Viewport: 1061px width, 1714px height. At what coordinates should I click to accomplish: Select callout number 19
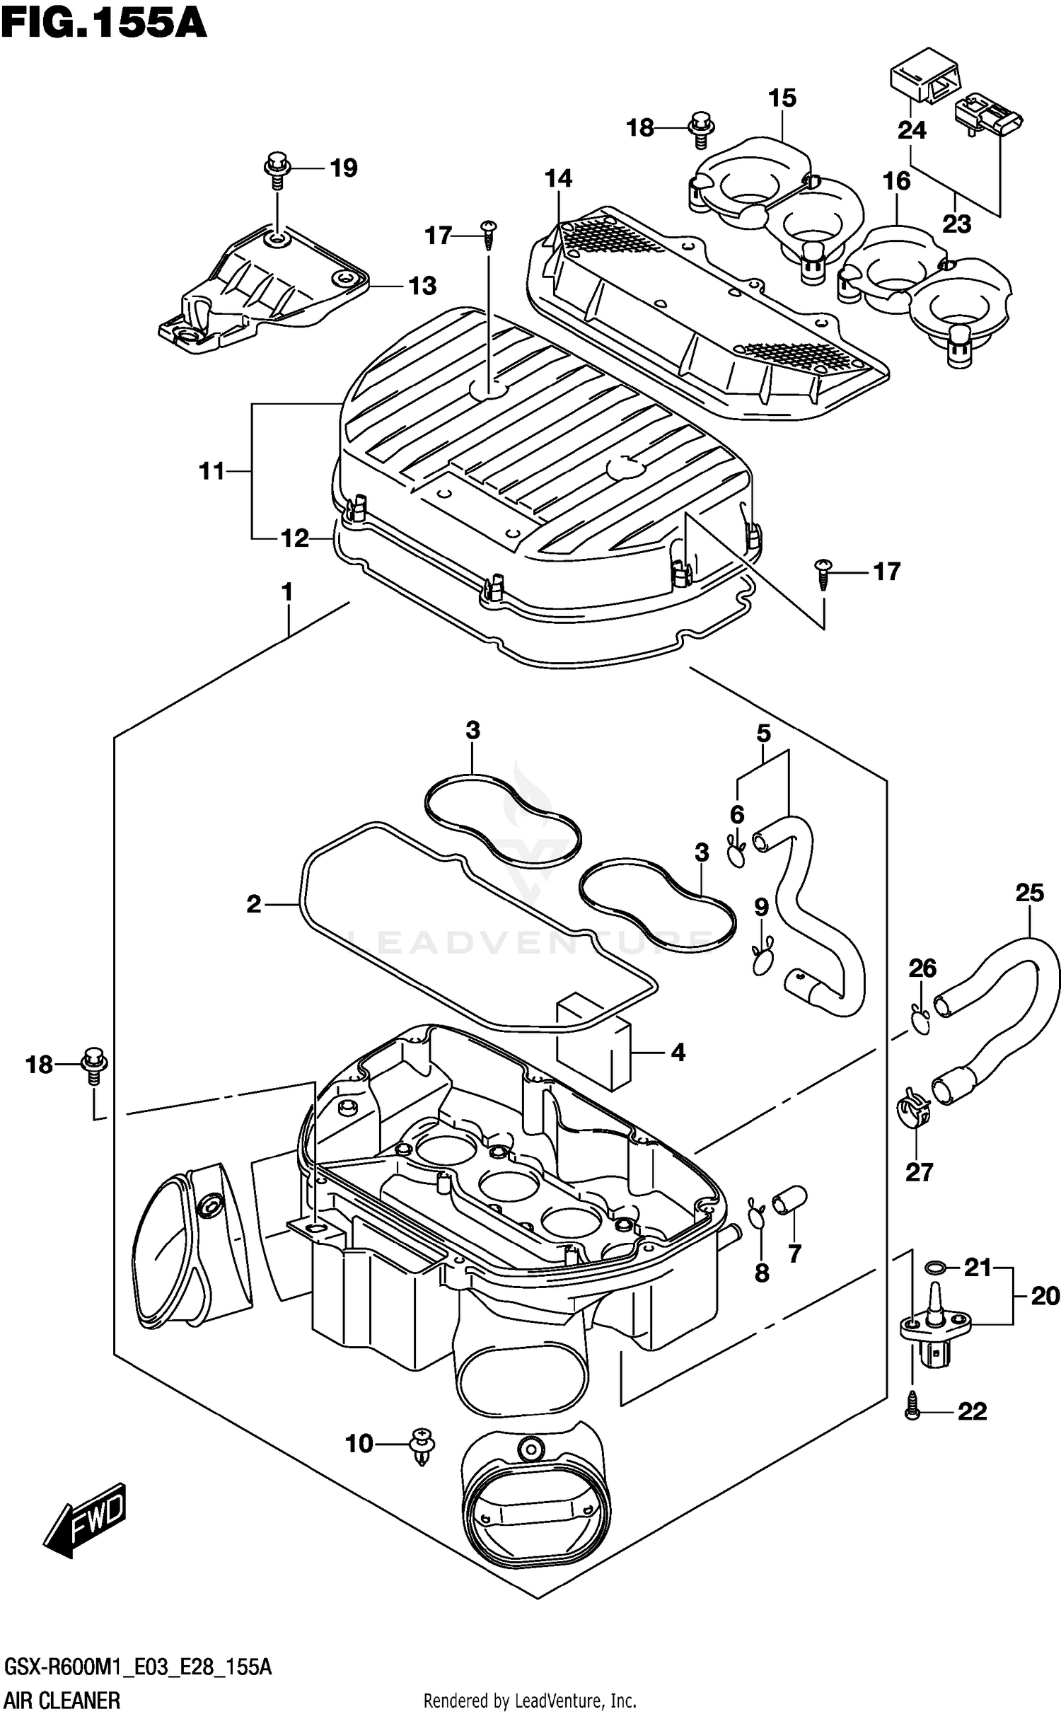tap(344, 168)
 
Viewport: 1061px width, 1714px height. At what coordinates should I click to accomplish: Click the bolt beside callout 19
tap(277, 169)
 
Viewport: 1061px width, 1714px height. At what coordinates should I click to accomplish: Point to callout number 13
tap(422, 286)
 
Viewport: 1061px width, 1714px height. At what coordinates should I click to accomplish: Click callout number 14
tap(558, 178)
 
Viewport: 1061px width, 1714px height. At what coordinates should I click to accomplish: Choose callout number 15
tap(782, 98)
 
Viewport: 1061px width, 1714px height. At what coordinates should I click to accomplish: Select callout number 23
tap(956, 224)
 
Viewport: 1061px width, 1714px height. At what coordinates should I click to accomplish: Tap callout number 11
tap(211, 470)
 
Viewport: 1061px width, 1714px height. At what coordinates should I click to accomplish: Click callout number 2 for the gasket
tap(254, 904)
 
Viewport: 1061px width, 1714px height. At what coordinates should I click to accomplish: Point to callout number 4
tap(678, 1053)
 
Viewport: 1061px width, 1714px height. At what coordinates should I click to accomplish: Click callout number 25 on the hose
tap(1029, 893)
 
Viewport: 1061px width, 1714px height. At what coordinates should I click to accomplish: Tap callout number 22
tap(972, 1412)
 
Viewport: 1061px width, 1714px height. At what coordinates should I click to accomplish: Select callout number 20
tap(1045, 1297)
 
